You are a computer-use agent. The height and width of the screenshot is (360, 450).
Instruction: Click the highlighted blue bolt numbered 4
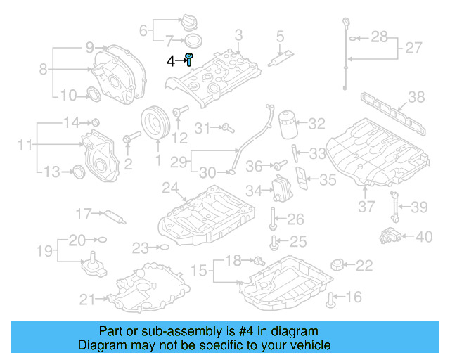point(189,59)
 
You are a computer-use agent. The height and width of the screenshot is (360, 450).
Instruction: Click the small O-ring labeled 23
point(164,247)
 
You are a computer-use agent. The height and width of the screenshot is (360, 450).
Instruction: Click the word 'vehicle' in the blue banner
point(305,345)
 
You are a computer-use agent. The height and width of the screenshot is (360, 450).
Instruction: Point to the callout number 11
point(25,146)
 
